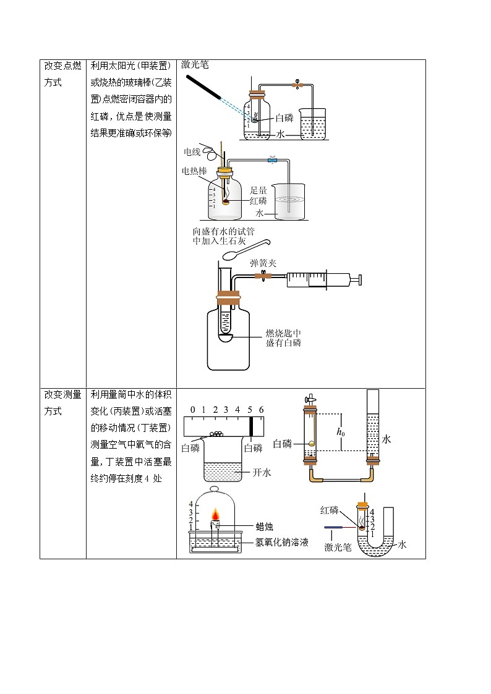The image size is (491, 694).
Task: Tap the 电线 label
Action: [192, 151]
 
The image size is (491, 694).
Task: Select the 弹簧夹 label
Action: [263, 263]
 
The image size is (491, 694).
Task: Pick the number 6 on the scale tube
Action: [262, 410]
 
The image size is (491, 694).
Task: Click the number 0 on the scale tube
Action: [193, 410]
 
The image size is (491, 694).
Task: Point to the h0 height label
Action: [340, 433]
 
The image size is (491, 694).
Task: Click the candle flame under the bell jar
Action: [217, 515]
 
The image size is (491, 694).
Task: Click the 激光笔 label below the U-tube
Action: [338, 547]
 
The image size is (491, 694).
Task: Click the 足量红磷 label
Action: [258, 195]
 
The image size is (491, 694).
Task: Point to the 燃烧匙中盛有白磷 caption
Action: [283, 338]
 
